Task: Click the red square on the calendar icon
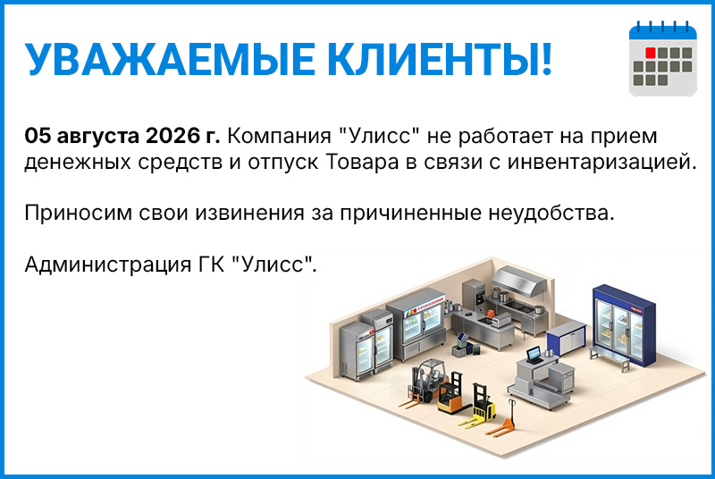[x=651, y=53]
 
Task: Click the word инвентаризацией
[x=601, y=163]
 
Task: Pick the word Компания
[x=279, y=136]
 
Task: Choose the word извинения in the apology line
[x=250, y=213]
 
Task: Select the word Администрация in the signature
[x=107, y=265]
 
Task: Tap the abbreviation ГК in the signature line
[x=212, y=264]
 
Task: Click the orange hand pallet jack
[x=501, y=422]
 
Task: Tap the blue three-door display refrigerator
[x=623, y=325]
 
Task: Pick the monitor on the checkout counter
[x=534, y=354]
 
